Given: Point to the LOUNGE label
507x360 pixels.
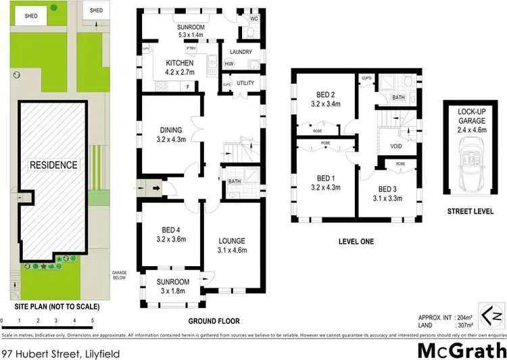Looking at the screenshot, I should point(231,240).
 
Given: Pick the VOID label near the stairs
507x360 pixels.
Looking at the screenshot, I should point(387,147).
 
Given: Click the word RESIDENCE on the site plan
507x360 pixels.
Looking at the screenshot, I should point(53,165).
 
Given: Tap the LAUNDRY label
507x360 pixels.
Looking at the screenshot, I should point(241,52).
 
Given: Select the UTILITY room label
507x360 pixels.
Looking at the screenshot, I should point(245,83).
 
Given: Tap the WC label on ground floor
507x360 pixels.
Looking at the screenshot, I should point(254,18).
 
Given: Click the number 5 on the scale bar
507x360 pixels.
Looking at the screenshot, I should point(92,320).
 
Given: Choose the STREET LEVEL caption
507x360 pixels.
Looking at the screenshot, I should point(470,211).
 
